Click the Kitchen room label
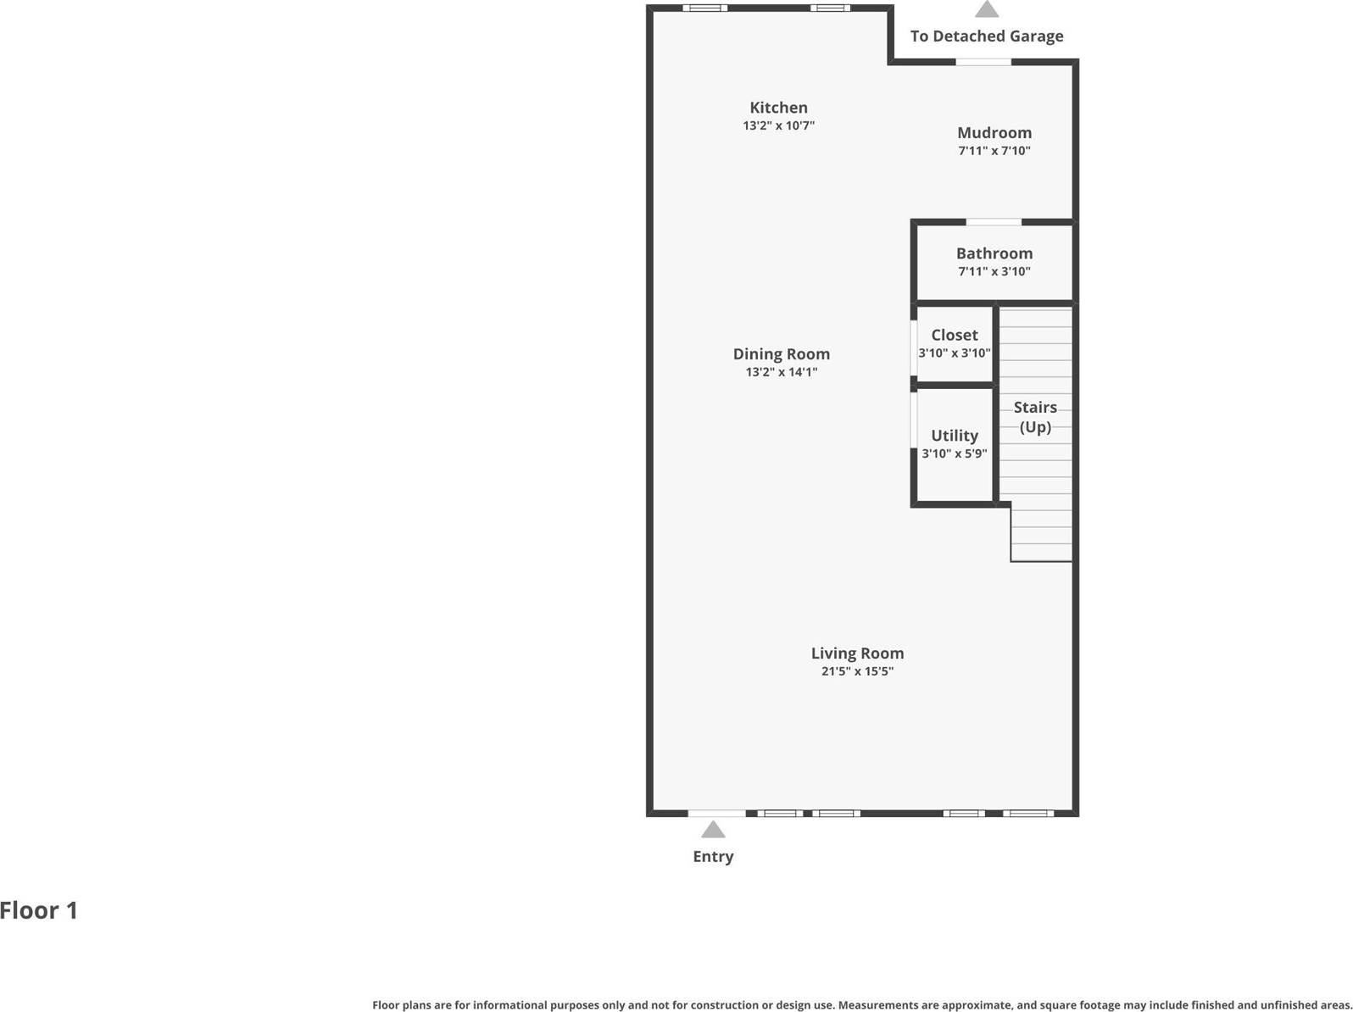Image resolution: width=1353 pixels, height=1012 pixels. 778,108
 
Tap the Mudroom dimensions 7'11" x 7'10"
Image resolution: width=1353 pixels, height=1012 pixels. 994,151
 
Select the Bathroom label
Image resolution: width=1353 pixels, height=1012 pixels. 994,253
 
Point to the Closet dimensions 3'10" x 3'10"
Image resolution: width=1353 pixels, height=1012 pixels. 954,353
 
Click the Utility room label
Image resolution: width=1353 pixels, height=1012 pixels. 954,436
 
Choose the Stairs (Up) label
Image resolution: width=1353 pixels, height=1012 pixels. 1034,417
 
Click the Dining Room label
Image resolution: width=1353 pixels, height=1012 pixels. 781,354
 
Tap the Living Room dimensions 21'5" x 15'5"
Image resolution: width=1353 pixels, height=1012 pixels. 856,671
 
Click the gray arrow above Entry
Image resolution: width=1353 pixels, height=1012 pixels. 713,830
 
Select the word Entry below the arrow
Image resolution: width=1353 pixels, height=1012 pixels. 713,857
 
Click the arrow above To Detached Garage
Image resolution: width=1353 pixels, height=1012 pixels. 986,9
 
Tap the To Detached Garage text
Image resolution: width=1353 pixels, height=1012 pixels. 986,36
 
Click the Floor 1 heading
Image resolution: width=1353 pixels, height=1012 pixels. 39,910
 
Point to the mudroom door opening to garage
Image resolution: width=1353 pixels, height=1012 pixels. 983,62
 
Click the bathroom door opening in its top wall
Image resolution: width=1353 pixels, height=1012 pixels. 994,222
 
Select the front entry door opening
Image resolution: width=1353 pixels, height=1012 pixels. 716,814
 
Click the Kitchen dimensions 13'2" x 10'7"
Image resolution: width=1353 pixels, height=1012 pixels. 778,125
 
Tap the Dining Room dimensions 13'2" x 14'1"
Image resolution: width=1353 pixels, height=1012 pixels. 781,372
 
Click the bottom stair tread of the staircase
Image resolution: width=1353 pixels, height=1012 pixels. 1041,553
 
